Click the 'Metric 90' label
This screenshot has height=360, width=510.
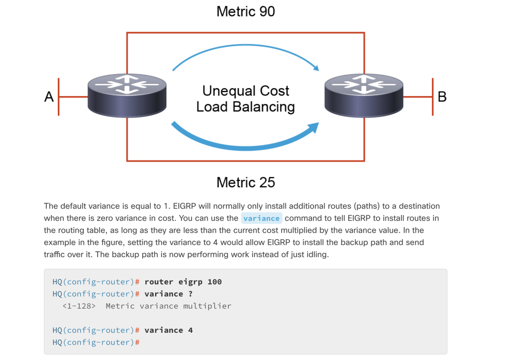tap(245, 11)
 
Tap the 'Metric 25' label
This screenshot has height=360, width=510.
tap(245, 182)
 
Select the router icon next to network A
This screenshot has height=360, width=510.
tap(127, 96)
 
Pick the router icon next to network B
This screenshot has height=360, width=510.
tap(364, 96)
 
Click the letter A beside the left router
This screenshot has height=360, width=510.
tap(49, 97)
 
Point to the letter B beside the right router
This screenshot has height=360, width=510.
tap(442, 97)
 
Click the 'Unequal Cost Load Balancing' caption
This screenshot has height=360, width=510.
tap(245, 99)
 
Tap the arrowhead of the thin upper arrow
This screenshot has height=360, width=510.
tap(315, 68)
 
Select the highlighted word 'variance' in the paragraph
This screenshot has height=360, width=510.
tap(261, 218)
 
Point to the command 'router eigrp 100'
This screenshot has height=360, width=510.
tap(183, 282)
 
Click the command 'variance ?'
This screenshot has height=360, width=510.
tap(168, 294)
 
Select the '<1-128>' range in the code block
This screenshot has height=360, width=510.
tap(79, 306)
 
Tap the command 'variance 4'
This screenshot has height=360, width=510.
tap(168, 330)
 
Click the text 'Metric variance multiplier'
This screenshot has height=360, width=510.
tap(168, 306)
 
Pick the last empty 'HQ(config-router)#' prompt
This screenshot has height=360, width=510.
tap(96, 342)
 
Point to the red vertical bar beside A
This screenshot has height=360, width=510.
tap(58, 97)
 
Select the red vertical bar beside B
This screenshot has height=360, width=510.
tap(432, 97)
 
